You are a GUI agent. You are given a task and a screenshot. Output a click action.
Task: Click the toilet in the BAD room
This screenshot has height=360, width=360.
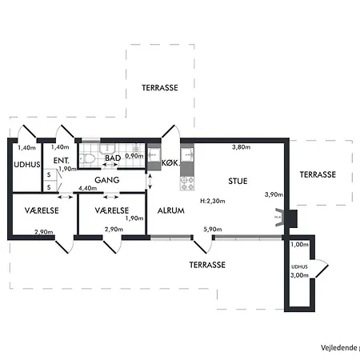click(x=87, y=159)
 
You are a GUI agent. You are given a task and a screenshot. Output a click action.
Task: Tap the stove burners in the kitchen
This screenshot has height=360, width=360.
click(x=187, y=183)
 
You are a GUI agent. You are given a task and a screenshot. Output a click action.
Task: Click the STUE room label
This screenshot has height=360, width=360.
click(x=238, y=182)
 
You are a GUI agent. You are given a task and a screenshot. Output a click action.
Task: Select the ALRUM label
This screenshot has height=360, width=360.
click(x=171, y=210)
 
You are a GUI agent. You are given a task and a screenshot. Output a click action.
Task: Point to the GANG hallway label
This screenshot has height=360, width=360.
click(x=107, y=180)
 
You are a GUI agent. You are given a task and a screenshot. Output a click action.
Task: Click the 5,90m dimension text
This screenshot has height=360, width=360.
click(x=213, y=229)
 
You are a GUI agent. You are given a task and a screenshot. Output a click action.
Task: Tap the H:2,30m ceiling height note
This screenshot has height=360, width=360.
click(x=213, y=201)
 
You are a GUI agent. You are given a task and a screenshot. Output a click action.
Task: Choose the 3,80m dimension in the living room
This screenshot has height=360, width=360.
click(x=242, y=147)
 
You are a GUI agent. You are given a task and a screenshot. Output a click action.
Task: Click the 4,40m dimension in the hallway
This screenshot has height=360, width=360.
click(x=87, y=188)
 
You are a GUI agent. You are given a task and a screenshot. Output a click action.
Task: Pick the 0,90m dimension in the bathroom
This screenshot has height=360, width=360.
click(x=134, y=156)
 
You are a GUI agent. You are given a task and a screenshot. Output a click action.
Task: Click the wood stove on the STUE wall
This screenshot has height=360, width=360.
click(x=278, y=218)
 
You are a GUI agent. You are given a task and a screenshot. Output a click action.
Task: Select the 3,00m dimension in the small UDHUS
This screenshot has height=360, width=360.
click(x=299, y=275)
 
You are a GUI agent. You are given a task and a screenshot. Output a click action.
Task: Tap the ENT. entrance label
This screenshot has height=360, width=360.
click(x=62, y=161)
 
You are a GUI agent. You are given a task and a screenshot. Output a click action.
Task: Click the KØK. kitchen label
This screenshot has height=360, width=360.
click(x=170, y=162)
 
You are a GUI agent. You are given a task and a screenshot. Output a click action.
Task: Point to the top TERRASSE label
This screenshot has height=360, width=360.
click(x=160, y=88)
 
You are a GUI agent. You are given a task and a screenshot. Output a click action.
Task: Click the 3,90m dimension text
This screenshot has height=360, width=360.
click(x=274, y=194)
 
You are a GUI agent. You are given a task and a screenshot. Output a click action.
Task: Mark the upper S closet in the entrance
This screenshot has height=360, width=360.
click(x=49, y=175)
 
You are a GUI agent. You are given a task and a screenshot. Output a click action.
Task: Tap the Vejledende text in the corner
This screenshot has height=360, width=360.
click(x=339, y=348)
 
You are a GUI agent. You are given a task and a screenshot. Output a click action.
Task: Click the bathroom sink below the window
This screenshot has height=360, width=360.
click(x=107, y=149)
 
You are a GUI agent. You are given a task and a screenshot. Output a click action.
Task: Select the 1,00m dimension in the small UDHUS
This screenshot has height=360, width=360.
click(x=299, y=244)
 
